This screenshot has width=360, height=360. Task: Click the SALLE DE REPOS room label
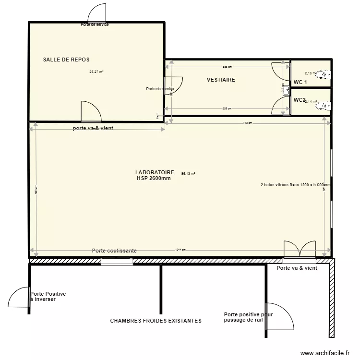66,60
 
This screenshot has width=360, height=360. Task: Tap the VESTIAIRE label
221,80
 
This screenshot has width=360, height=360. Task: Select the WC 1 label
300,83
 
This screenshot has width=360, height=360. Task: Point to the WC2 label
300,100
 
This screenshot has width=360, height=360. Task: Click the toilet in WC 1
326,74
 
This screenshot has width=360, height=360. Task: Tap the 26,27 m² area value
96,72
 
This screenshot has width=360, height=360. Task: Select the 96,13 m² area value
188,174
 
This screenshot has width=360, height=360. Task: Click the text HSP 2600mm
154,178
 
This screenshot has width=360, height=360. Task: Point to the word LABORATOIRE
155,172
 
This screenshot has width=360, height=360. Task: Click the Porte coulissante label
114,251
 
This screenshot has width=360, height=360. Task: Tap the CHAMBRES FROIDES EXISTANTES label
156,321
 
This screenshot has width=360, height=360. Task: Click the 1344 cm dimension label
180,250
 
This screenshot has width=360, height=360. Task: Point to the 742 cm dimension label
247,123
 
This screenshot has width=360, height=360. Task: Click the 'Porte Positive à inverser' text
48,297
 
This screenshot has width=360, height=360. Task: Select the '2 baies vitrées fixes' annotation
295,184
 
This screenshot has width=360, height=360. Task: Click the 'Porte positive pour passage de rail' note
248,317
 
